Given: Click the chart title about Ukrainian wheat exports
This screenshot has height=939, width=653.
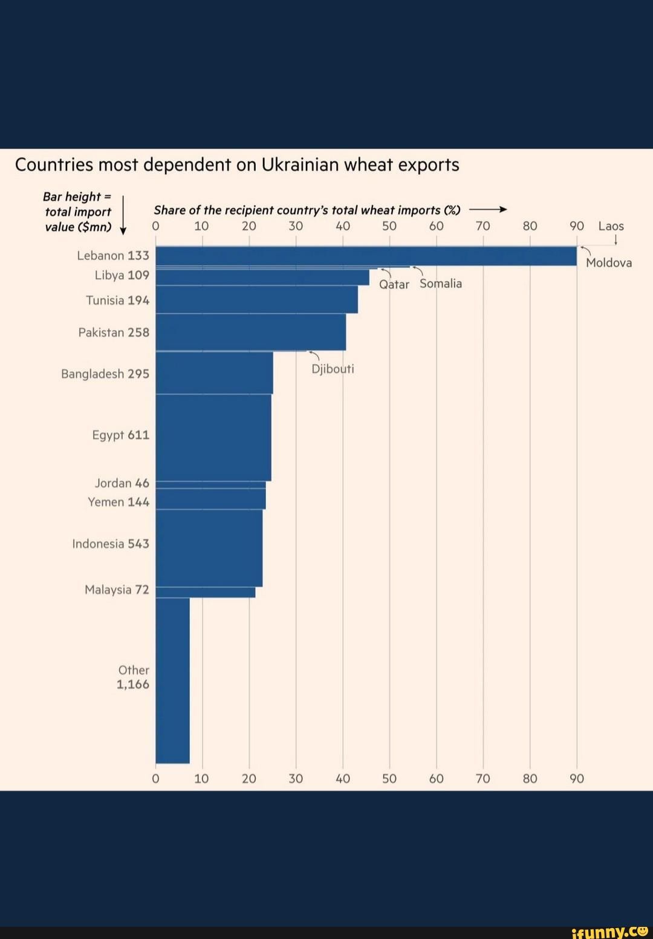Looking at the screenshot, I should pyautogui.click(x=237, y=165).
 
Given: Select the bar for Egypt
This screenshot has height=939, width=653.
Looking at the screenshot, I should pyautogui.click(x=213, y=437).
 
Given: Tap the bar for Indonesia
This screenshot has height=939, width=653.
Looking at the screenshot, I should pyautogui.click(x=209, y=548).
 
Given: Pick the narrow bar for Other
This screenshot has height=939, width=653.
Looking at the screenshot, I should pyautogui.click(x=172, y=680).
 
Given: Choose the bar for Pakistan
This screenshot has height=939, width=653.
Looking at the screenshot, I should pyautogui.click(x=250, y=332).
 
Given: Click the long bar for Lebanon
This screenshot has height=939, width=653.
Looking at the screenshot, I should pyautogui.click(x=366, y=256).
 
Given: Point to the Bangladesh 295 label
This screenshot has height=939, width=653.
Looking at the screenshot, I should pyautogui.click(x=105, y=374).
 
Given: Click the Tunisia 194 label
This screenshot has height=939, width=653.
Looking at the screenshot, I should pyautogui.click(x=117, y=301).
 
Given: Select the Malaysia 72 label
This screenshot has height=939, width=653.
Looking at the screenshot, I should pyautogui.click(x=117, y=590).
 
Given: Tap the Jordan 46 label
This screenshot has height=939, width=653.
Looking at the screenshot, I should pyautogui.click(x=122, y=483).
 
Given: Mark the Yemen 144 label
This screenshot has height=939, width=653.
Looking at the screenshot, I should pyautogui.click(x=119, y=502).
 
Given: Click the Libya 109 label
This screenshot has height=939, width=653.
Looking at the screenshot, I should pyautogui.click(x=122, y=275).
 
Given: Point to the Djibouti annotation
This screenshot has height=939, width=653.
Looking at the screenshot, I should pyautogui.click(x=333, y=369).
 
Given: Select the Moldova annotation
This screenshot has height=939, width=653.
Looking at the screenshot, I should pyautogui.click(x=609, y=262).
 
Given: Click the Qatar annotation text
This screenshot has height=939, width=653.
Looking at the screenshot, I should pyautogui.click(x=394, y=284).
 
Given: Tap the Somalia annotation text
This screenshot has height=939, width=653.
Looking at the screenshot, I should pyautogui.click(x=441, y=284).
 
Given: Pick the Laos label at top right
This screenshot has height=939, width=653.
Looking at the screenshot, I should pyautogui.click(x=611, y=226).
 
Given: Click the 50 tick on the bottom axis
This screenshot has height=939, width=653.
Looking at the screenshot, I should pyautogui.click(x=389, y=779).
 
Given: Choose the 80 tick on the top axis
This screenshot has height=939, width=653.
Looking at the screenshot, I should pyautogui.click(x=530, y=226).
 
